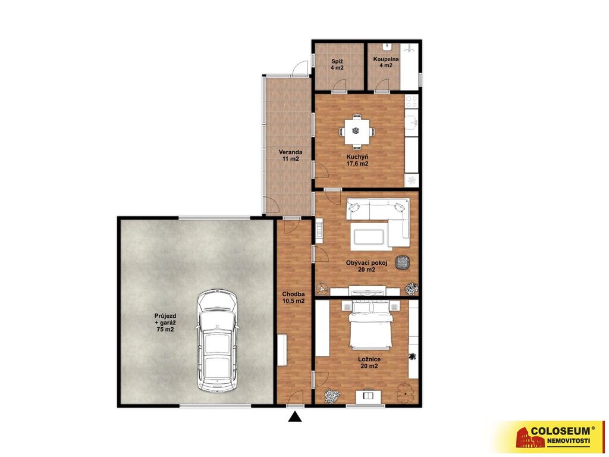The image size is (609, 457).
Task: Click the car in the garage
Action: pyautogui.click(x=216, y=340)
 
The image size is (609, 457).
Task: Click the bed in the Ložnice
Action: pyautogui.click(x=371, y=324)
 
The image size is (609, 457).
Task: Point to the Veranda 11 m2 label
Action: pyautogui.click(x=290, y=155)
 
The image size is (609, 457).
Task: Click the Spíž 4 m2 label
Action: pyautogui.click(x=337, y=64)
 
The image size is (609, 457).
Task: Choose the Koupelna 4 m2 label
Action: pyautogui.click(x=385, y=62)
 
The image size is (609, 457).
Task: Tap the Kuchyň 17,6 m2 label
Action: pyautogui.click(x=357, y=160)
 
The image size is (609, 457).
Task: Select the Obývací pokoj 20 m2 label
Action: pyautogui.click(x=366, y=266)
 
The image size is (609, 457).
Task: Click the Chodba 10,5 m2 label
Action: pyautogui.click(x=293, y=298)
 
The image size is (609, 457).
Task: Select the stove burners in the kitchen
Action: pyautogui.click(x=412, y=101)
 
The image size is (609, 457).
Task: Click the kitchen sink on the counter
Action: pyautogui.click(x=412, y=122)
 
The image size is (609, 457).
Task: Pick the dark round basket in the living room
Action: pyautogui.click(x=403, y=262)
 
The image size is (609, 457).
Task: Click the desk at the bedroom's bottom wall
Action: pyautogui.click(x=368, y=396)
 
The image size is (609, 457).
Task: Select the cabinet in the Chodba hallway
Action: pyautogui.click(x=282, y=350)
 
